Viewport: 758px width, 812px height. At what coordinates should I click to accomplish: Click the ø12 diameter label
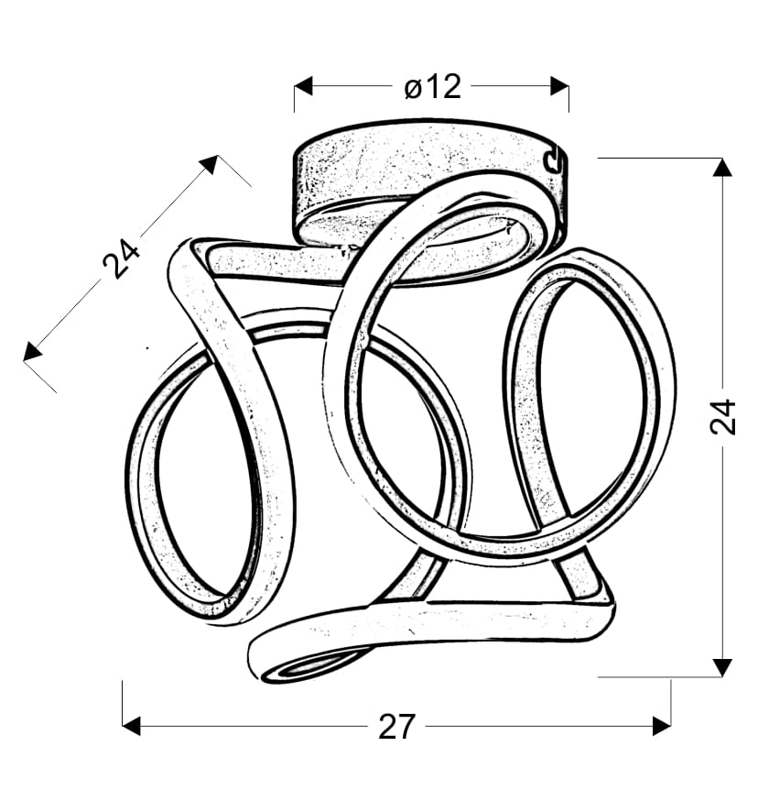(x=432, y=87)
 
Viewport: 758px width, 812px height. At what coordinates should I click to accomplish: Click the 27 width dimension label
(x=396, y=727)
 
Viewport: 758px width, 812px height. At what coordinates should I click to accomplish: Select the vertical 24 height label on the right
(x=722, y=416)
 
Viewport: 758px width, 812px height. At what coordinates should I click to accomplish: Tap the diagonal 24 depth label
(x=121, y=258)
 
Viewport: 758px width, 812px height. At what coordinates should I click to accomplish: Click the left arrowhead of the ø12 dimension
(x=303, y=86)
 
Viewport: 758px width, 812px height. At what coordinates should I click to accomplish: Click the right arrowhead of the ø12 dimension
(x=560, y=86)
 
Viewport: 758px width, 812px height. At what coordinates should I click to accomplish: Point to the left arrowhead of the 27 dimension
(x=132, y=726)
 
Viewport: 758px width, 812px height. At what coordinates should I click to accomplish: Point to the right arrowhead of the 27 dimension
(x=662, y=726)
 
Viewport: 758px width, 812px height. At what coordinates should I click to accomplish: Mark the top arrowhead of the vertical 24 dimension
(x=722, y=168)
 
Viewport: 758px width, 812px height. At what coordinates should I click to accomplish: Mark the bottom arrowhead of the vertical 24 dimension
(x=722, y=667)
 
